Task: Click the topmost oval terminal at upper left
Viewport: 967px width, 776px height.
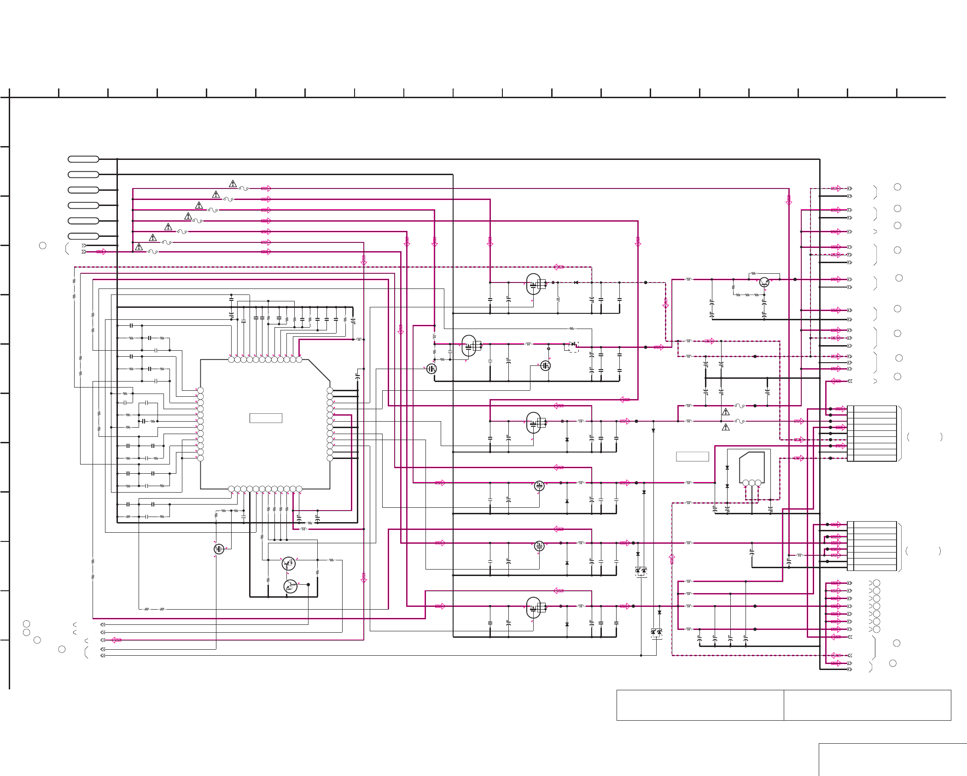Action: (x=83, y=159)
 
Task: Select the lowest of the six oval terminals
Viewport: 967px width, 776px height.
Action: (x=83, y=236)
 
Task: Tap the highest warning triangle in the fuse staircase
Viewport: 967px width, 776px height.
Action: (x=233, y=184)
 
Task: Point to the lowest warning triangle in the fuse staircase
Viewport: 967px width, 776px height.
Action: (x=139, y=247)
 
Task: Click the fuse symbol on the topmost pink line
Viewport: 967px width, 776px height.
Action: (x=244, y=188)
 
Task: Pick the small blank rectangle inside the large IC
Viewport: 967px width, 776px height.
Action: (x=266, y=418)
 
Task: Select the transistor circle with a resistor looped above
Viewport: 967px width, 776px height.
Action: (x=764, y=282)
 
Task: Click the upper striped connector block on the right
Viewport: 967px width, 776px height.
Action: (x=872, y=433)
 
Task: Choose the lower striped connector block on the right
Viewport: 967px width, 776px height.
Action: (x=872, y=546)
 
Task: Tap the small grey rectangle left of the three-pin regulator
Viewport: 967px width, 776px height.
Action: (x=692, y=456)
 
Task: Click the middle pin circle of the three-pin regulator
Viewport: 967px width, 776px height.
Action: (x=752, y=483)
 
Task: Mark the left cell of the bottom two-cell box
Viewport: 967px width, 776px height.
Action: (x=700, y=705)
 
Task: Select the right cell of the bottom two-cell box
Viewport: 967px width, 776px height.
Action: (x=867, y=705)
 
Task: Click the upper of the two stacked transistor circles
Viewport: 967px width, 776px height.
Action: (x=288, y=563)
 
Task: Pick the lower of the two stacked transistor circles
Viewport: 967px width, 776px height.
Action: (x=290, y=586)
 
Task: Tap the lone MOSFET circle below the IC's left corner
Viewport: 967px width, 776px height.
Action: (x=219, y=549)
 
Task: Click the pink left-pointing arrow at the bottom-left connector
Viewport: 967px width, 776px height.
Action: (x=116, y=640)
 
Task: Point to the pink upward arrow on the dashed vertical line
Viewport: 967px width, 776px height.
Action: (x=672, y=558)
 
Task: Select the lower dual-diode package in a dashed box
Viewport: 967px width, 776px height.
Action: (x=656, y=633)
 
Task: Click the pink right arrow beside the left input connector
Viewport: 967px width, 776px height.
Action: (x=101, y=252)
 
